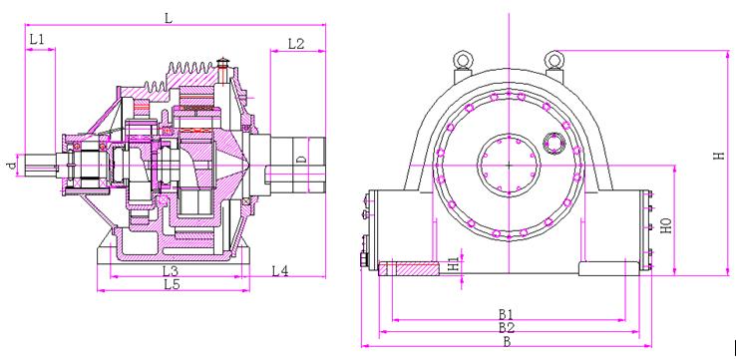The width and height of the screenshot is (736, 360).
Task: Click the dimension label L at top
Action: point(169,18)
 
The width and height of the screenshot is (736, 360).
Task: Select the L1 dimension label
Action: point(37,40)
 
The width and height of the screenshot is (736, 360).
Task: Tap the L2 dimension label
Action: point(296,44)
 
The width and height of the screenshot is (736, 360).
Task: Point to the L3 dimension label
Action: point(171,271)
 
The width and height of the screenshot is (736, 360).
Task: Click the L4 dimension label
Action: point(280,271)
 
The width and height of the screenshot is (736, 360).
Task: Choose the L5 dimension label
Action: point(172,284)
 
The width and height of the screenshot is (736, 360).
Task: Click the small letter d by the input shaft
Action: point(11,165)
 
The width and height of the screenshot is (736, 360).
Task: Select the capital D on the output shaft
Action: point(302,160)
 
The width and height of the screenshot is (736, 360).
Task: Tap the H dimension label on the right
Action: point(719,156)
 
